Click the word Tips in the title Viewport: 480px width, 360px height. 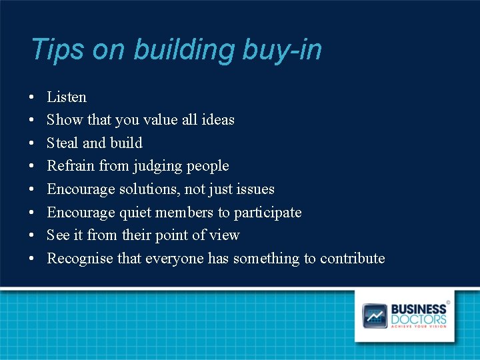click(57, 50)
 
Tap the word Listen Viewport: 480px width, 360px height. click(67, 97)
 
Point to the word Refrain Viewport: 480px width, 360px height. click(71, 166)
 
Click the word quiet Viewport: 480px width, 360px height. click(135, 213)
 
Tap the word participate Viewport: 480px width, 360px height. click(268, 213)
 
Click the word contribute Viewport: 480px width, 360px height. click(352, 259)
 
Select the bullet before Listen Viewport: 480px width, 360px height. click(33, 98)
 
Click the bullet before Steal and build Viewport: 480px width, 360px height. click(33, 143)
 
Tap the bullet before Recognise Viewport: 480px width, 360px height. click(33, 259)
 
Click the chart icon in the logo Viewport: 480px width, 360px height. click(375, 315)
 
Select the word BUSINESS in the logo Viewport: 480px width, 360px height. click(419, 309)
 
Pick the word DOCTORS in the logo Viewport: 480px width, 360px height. click(419, 319)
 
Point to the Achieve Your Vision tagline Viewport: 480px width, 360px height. click(419, 326)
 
